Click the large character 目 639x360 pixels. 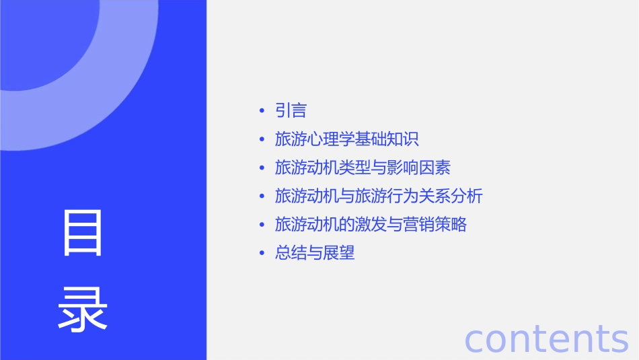tap(83, 233)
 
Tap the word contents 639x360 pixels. tap(546, 338)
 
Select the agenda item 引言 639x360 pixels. tap(291, 110)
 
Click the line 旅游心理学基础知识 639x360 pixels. tap(347, 139)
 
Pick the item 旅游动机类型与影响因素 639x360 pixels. tap(363, 168)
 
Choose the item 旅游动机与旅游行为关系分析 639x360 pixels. tap(379, 196)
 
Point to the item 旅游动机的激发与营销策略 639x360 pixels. tap(371, 225)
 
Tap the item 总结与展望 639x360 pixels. tap(315, 254)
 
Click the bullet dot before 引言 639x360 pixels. tap(262, 111)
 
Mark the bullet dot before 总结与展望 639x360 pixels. tap(262, 254)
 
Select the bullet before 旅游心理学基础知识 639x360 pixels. tap(262, 140)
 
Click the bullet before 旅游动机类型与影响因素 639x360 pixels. tap(262, 168)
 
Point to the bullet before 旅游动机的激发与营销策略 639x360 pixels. tap(262, 225)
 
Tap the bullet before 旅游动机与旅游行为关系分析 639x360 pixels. tap(262, 197)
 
